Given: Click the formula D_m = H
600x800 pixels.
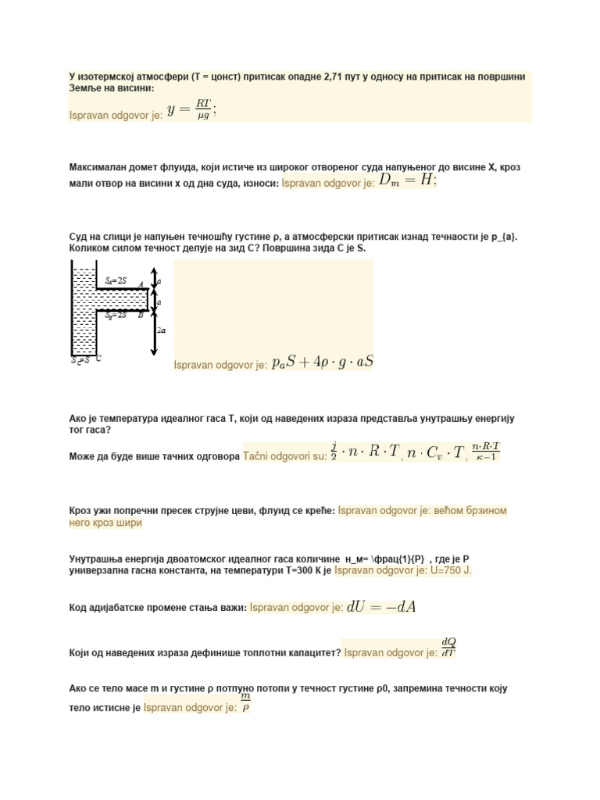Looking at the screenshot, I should [408, 180].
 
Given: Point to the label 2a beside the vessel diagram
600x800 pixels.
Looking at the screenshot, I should [162, 330].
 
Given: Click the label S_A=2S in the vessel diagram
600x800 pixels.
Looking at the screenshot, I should [116, 280].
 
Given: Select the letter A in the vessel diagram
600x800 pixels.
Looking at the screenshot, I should [140, 285].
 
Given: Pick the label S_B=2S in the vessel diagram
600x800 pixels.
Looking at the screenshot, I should [116, 315].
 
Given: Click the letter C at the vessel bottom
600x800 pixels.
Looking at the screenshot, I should [99, 359].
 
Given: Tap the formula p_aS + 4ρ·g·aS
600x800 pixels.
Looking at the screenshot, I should [322, 363].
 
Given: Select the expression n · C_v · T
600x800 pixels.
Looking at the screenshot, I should [435, 452].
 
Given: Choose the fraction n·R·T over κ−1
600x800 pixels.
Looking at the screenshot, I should [484, 452].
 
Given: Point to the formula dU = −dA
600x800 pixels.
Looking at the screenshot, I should [380, 607].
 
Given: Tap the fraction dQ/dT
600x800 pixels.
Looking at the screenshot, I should [448, 648].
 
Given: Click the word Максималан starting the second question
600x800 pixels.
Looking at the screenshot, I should [100, 168].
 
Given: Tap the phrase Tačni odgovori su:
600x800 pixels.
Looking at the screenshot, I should [285, 455].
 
